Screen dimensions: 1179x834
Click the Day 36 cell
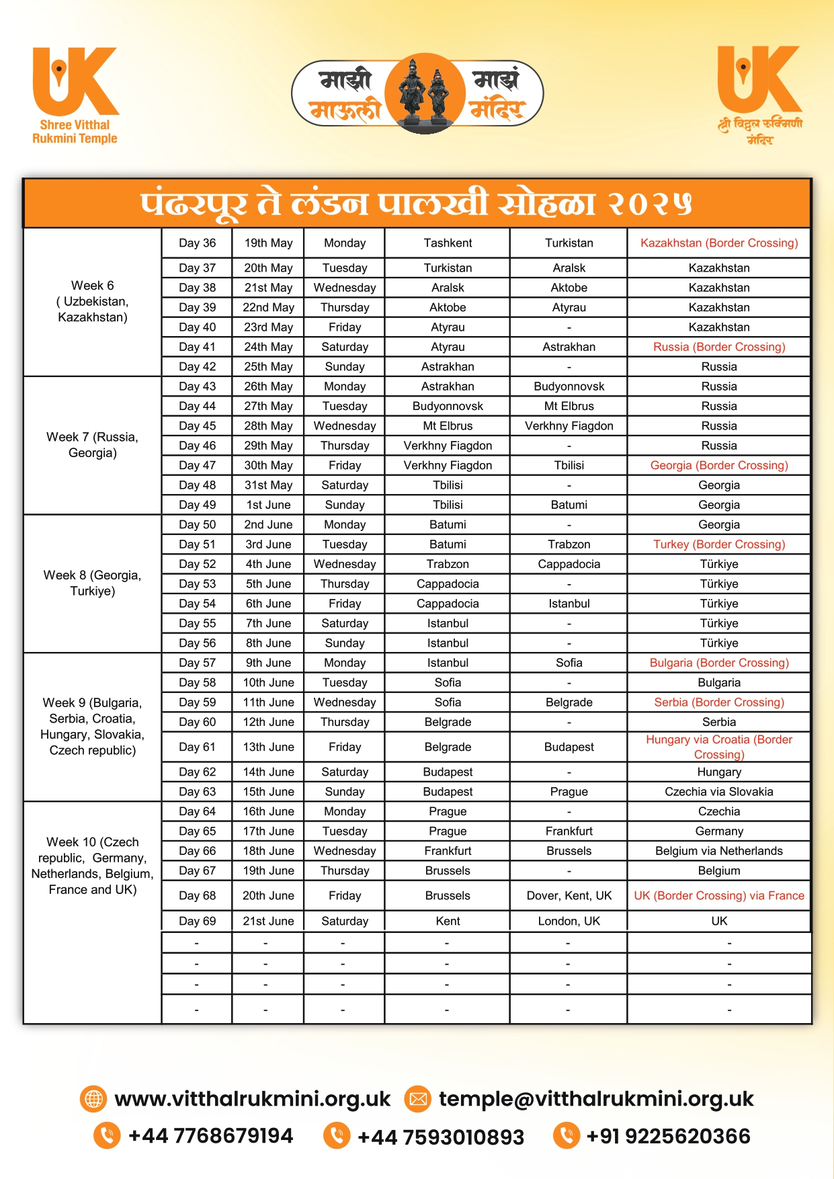197,243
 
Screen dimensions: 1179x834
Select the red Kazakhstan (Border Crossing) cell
719,243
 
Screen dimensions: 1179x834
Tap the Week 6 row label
92,301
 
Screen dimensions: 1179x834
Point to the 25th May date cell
268,367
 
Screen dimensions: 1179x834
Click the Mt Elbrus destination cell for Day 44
569,406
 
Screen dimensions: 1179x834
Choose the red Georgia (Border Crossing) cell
719,465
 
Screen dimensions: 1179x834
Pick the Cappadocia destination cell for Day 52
569,564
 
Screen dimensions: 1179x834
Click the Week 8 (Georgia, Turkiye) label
92,583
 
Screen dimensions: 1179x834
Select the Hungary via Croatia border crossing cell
719,747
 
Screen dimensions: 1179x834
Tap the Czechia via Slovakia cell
719,792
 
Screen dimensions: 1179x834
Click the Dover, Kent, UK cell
569,896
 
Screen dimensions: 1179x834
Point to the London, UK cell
569,921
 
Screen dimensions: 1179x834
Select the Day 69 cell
197,921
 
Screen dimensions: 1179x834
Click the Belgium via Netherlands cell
719,851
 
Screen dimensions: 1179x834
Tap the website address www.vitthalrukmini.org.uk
252,1099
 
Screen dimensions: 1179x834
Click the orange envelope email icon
418,1099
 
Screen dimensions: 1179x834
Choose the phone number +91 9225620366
668,1136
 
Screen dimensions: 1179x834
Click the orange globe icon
93,1099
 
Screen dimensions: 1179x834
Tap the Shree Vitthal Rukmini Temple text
75,132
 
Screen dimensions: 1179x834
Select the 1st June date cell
268,505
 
